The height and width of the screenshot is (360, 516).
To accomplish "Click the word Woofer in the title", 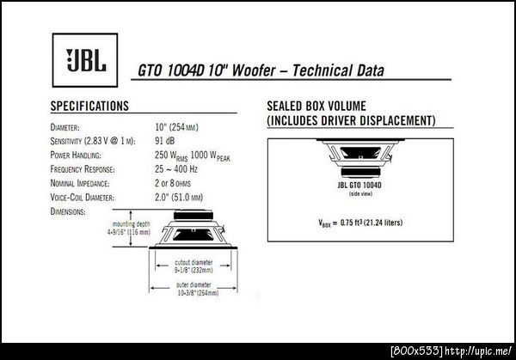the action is pyautogui.click(x=254, y=70).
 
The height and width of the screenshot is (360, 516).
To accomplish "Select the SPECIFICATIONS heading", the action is pyautogui.click(x=89, y=106).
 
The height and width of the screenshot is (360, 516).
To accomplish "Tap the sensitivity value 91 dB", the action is pyautogui.click(x=165, y=141).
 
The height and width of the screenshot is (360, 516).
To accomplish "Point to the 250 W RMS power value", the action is pyautogui.click(x=171, y=156).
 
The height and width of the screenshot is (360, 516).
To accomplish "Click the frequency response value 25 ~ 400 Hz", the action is pyautogui.click(x=176, y=169).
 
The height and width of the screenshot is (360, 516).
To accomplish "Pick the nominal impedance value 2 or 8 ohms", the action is pyautogui.click(x=173, y=183).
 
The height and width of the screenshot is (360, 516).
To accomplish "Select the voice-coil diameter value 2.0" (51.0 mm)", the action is pyautogui.click(x=179, y=198).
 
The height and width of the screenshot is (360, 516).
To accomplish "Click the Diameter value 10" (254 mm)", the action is pyautogui.click(x=176, y=127).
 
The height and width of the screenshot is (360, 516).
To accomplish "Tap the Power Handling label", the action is pyautogui.click(x=76, y=156).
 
